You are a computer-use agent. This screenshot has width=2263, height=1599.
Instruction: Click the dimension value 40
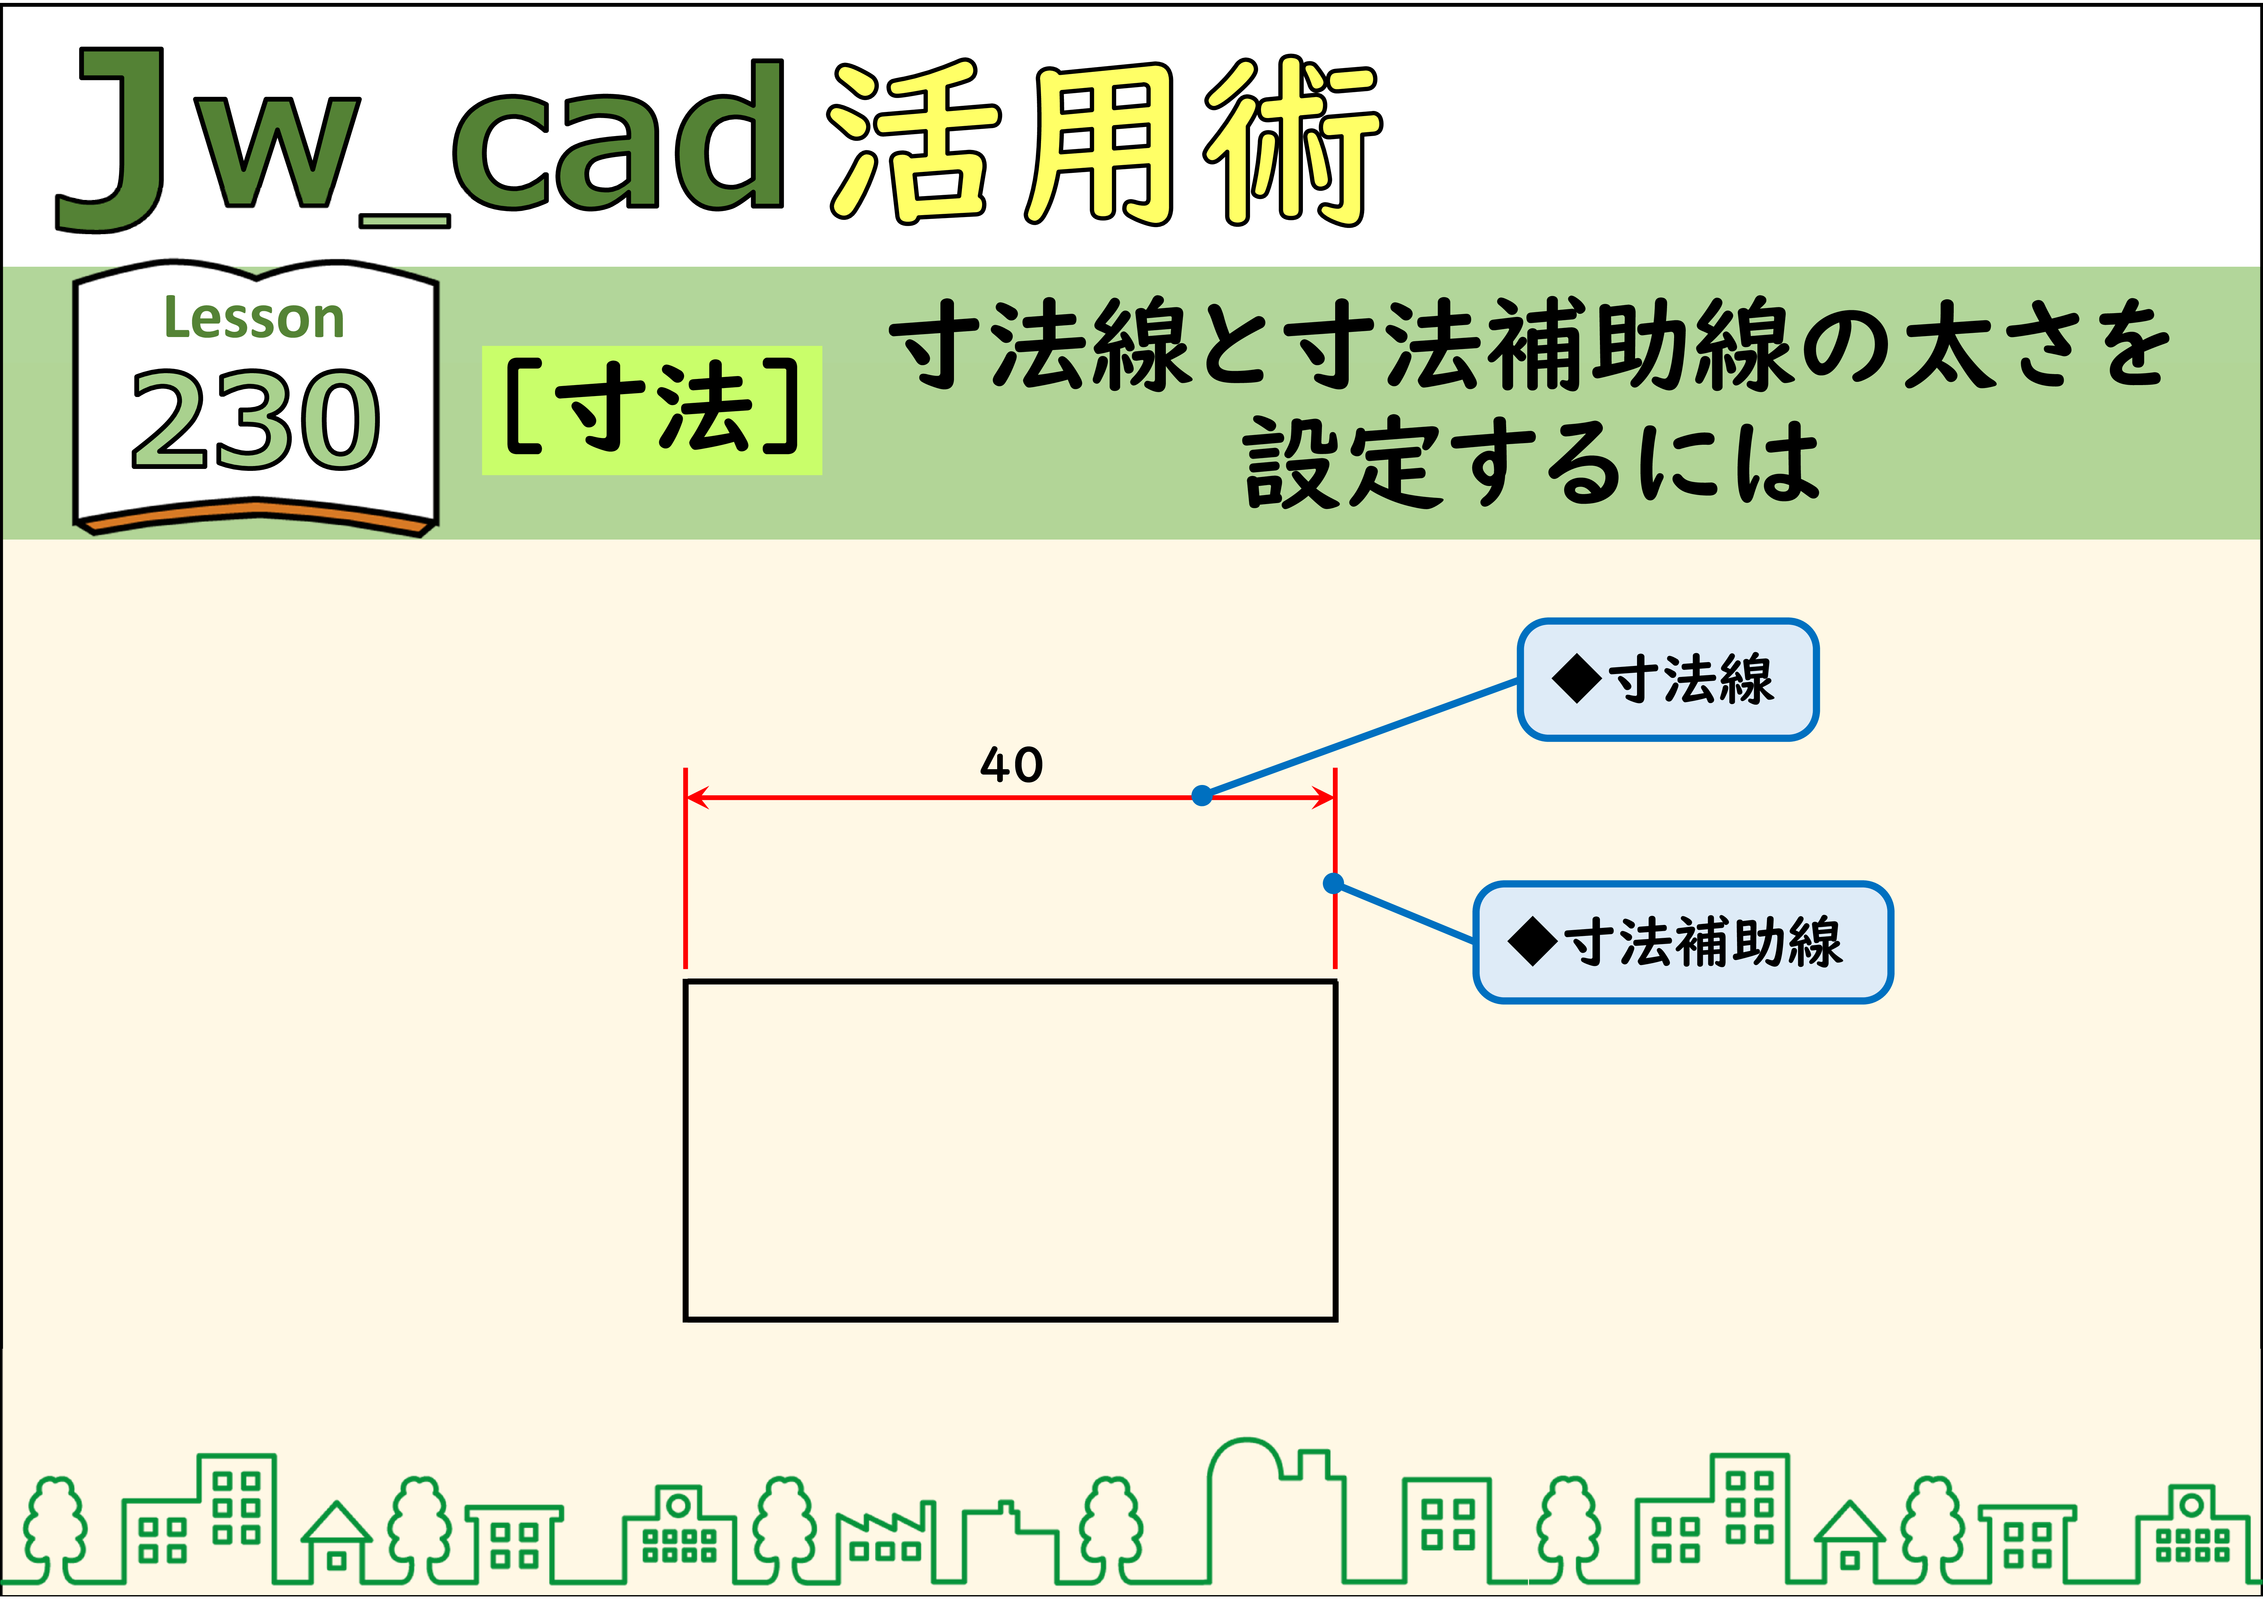[x=1011, y=765]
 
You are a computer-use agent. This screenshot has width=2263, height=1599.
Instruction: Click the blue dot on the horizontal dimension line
[x=1201, y=796]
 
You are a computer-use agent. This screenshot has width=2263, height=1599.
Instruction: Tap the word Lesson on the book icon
[x=254, y=318]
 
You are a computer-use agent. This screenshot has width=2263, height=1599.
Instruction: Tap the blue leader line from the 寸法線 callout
[x=1360, y=737]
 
